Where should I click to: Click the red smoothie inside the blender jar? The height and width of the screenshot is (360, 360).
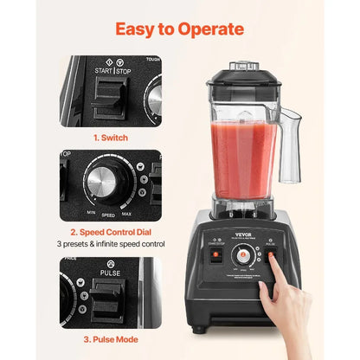[x=245, y=164]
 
